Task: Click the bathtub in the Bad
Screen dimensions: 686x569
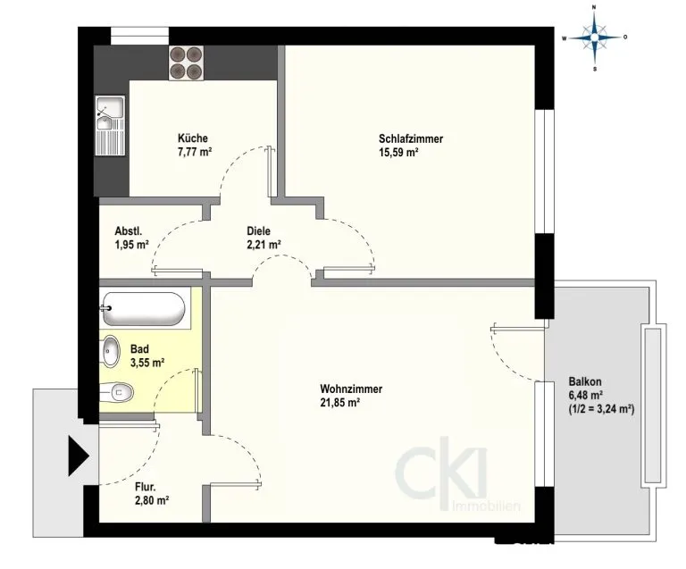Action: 144,309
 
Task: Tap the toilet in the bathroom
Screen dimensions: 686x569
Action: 116,392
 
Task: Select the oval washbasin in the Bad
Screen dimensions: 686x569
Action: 111,351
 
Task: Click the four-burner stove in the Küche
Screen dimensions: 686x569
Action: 187,63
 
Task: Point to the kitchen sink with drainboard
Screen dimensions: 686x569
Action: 110,126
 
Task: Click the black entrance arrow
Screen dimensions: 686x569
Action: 79,456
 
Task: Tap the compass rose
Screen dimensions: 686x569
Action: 595,38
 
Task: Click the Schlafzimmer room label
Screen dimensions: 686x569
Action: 411,138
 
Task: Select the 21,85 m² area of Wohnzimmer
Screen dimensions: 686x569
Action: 340,402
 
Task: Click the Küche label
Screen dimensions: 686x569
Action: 193,138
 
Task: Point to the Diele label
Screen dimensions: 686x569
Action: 258,231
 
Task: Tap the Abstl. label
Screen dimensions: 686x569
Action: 129,231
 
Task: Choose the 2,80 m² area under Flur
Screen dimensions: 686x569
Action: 152,500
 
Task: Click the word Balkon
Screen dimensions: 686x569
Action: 585,381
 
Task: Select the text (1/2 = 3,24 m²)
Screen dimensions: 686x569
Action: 601,409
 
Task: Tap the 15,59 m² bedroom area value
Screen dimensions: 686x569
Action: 398,153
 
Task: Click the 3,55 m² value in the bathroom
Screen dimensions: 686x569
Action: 147,363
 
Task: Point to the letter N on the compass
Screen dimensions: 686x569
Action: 594,7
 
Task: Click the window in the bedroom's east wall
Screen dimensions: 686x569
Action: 545,172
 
